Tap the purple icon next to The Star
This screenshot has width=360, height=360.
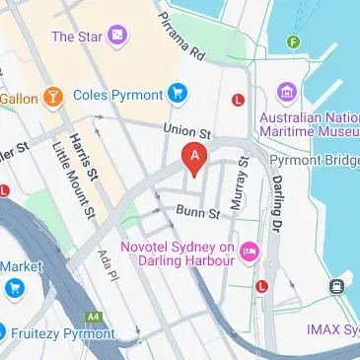[x=117, y=36]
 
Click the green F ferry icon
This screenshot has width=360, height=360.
[x=292, y=41]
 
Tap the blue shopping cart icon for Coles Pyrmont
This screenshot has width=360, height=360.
[x=178, y=94]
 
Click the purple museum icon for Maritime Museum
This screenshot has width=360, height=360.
[x=287, y=94]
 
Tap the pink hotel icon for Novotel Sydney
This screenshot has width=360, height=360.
[x=249, y=253]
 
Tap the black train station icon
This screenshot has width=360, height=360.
[x=336, y=287]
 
